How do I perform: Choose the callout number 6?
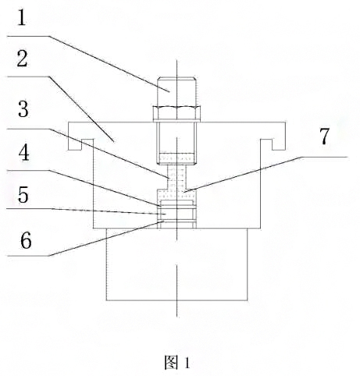pos(25,241)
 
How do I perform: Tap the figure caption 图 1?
pos(177,362)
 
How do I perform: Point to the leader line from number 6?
pos(102,239)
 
